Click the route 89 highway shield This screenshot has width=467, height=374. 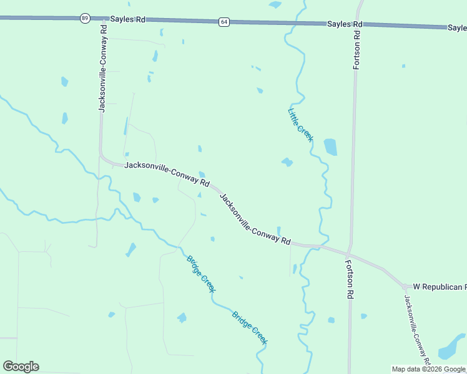[x=84, y=19]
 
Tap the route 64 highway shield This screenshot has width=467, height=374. [x=224, y=22]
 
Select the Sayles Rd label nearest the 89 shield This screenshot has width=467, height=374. [x=127, y=19]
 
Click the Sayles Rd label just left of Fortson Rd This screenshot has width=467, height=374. [x=345, y=24]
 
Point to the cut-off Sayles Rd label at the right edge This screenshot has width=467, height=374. [x=457, y=27]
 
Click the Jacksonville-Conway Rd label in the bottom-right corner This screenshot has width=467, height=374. [x=415, y=327]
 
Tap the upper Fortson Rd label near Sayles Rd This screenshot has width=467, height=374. [x=357, y=47]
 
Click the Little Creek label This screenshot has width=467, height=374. [x=300, y=125]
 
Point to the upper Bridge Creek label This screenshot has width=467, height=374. [x=201, y=274]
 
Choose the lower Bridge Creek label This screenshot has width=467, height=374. [x=250, y=327]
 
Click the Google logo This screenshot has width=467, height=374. [x=21, y=367]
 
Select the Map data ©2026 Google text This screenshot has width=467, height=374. [x=429, y=369]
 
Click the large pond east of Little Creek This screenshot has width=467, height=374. [x=330, y=147]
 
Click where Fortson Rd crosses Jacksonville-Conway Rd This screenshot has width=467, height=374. [x=350, y=252]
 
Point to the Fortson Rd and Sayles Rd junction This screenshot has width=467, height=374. [x=359, y=24]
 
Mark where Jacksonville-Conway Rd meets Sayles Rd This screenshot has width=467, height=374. [x=102, y=19]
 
